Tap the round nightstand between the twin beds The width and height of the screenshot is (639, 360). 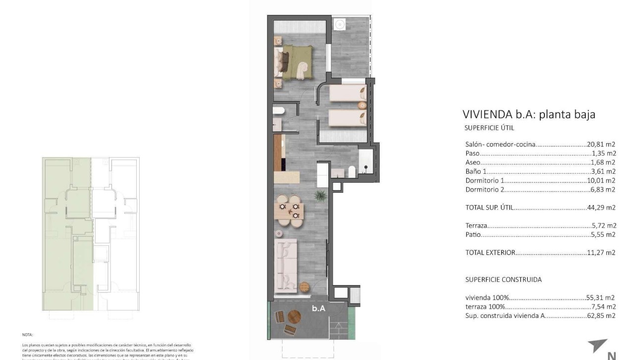363,105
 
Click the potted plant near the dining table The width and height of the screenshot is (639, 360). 319,195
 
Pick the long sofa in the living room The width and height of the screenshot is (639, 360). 286,264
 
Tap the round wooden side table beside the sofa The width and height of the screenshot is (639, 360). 304,287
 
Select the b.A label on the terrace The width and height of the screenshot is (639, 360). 319,308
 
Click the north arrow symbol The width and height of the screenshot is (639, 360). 598,346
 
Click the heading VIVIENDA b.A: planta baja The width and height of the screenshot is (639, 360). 529,114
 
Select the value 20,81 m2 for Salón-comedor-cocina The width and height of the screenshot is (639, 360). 601,145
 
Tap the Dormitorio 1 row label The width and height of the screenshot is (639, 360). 483,180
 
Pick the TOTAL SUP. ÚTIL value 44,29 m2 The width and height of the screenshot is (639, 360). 601,207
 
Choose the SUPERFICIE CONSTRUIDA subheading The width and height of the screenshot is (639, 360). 503,279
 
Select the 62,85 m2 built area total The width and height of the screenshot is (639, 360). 600,315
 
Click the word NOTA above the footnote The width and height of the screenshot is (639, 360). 27,335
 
